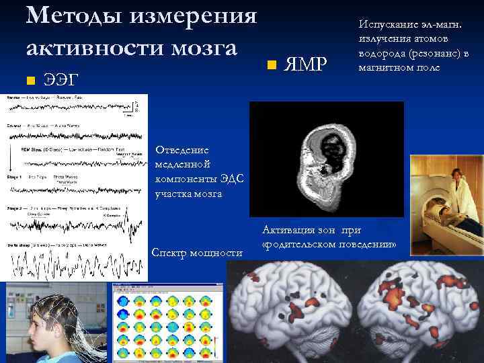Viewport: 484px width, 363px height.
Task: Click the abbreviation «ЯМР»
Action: (305, 65)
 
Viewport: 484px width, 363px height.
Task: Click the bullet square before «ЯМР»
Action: (271, 66)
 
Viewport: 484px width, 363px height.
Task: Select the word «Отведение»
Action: (182, 150)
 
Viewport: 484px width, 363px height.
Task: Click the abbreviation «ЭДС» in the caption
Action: (230, 179)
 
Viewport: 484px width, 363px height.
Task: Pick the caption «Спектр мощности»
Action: (196, 252)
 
